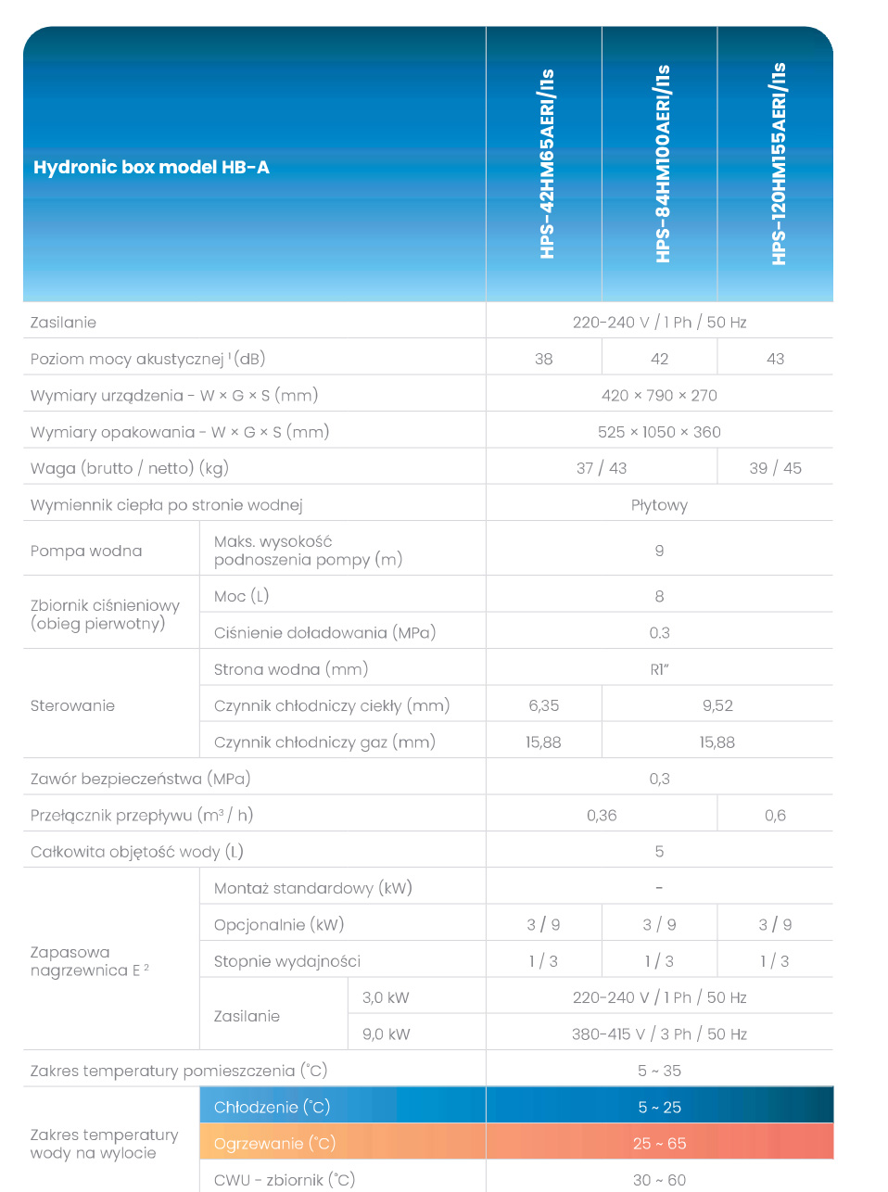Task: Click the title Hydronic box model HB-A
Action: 151,168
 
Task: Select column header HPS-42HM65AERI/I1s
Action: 547,163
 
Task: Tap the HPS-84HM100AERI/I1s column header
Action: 662,163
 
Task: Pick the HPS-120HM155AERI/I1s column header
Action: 778,163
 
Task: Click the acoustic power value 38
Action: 544,359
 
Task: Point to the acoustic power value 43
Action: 776,359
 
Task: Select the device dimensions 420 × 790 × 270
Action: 659,396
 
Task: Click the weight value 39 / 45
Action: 776,468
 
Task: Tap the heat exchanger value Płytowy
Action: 659,505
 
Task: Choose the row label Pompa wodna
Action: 86,551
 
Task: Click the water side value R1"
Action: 659,669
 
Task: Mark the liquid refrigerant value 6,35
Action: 544,705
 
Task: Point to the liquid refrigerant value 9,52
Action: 717,705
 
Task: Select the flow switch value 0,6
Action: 776,816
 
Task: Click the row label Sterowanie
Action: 72,705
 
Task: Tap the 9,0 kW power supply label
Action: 386,1034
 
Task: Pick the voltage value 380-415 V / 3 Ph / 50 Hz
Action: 659,1034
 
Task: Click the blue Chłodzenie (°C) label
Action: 272,1107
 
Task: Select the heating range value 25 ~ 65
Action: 659,1144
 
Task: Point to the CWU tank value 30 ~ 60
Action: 659,1180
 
